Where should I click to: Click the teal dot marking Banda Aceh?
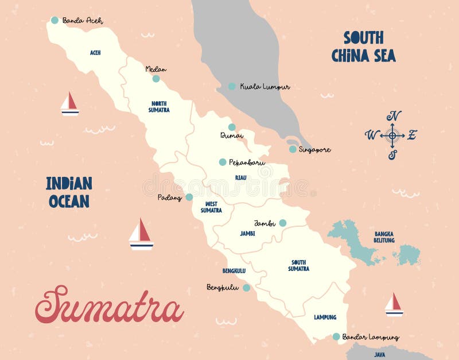point(55,20)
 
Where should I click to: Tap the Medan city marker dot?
point(156,79)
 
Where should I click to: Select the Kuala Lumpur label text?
point(264,87)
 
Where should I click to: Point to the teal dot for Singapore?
point(293,149)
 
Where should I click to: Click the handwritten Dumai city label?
point(232,136)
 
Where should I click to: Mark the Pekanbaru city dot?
point(223,162)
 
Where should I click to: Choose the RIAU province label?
point(241,178)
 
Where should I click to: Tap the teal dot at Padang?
point(189,197)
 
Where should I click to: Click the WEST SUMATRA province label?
point(211,207)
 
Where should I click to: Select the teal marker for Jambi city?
point(283,223)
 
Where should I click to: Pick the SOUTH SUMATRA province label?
point(299,265)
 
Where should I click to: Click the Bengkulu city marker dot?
point(246,288)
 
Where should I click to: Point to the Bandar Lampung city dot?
point(336,336)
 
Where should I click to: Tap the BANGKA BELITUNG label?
point(384,237)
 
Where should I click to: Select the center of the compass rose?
point(392,136)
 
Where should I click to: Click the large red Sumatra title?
point(109,305)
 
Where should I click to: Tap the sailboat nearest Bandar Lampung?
point(394,304)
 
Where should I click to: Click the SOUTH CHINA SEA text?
point(363,47)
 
